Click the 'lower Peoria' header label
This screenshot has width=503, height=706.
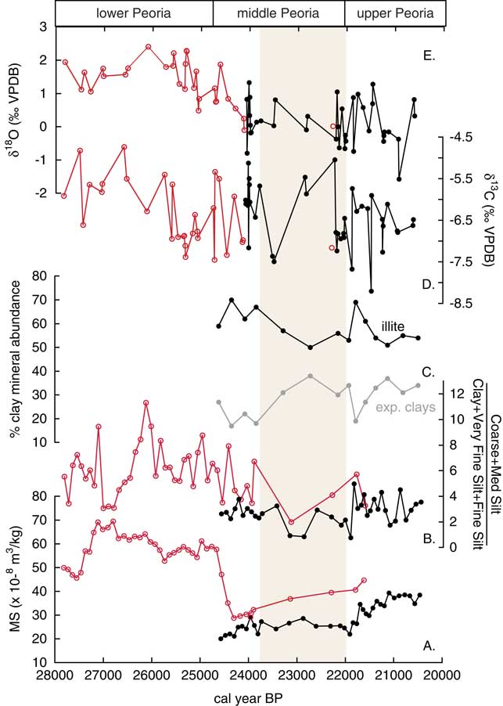133,13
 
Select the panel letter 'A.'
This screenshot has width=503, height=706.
429,646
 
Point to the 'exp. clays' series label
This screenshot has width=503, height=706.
401,407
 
